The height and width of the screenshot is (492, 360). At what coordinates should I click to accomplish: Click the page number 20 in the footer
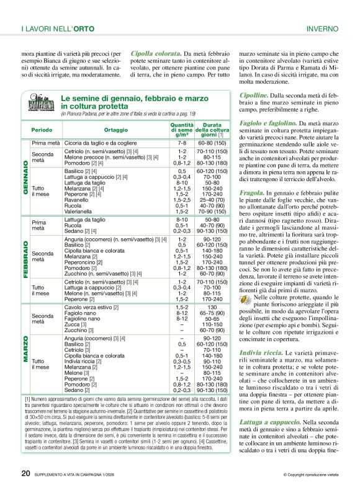(x=25, y=473)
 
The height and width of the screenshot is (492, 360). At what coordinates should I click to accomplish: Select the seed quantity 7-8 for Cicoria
(x=182, y=143)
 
